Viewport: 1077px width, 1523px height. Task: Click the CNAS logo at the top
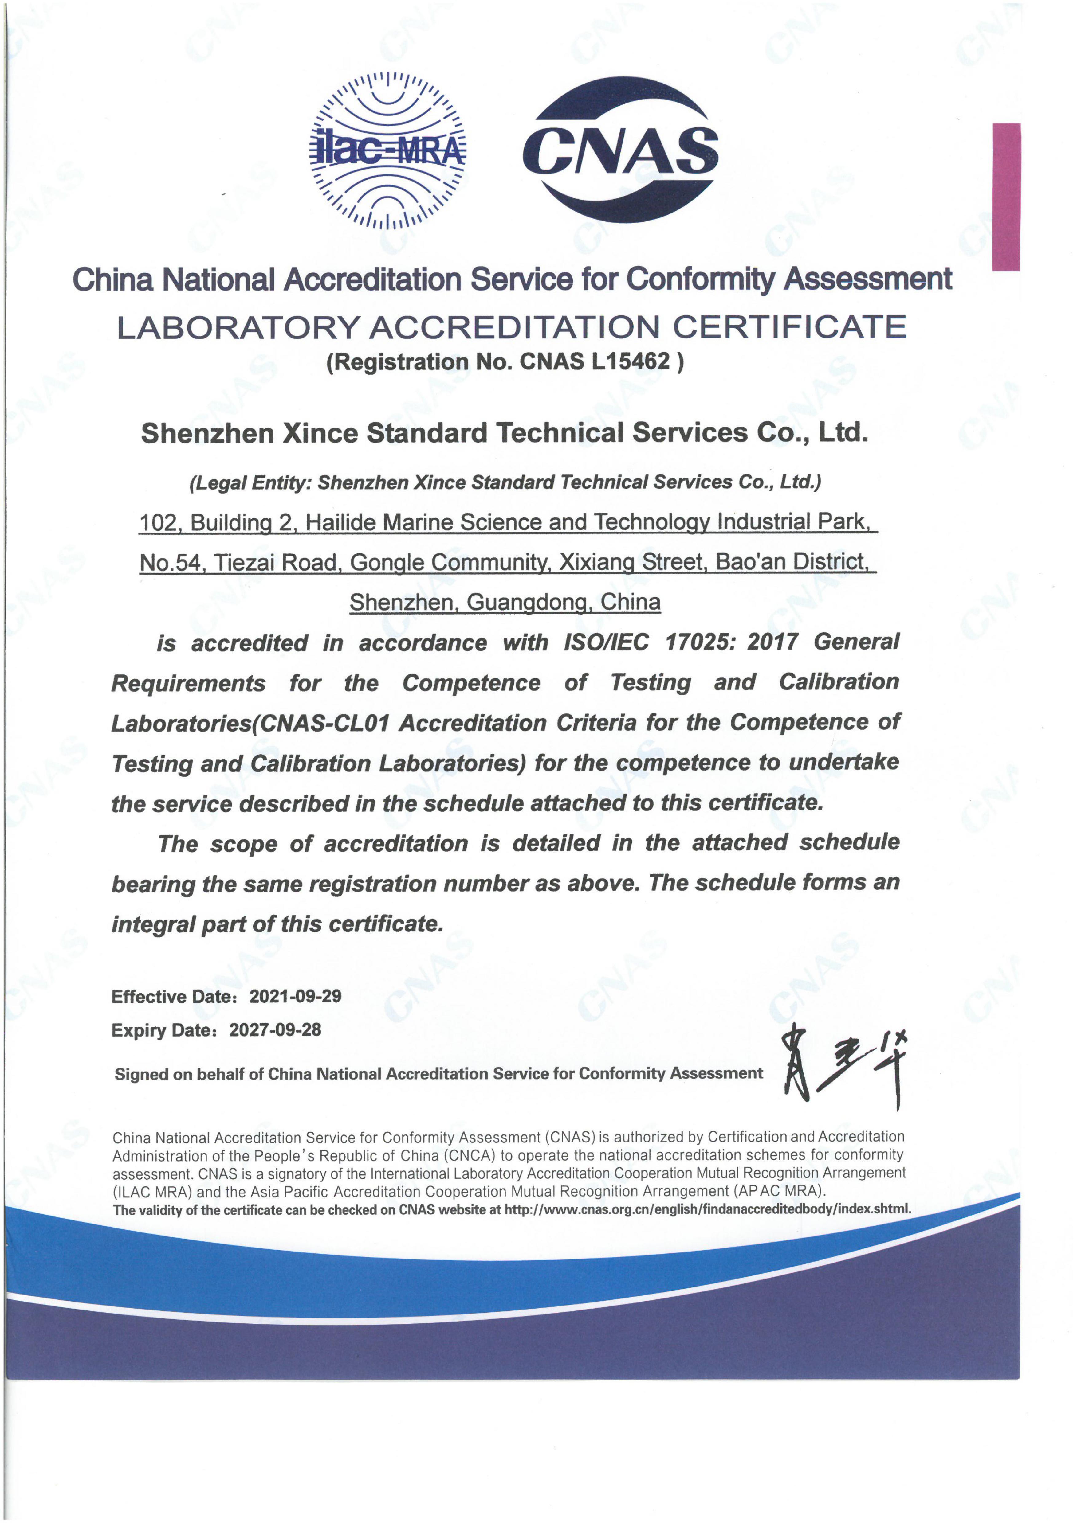[620, 150]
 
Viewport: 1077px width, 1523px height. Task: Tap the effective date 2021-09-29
[295, 996]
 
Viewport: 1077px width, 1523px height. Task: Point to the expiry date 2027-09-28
[275, 1030]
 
